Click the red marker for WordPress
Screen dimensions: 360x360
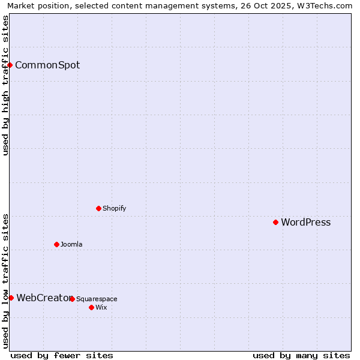[x=276, y=222]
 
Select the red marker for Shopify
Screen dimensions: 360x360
[x=99, y=208]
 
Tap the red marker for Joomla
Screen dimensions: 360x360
[x=57, y=244]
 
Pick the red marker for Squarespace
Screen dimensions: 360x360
[x=72, y=299]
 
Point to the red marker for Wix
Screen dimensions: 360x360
[x=91, y=307]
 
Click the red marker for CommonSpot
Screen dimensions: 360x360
[x=10, y=65]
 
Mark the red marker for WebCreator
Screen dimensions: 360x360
[x=11, y=298]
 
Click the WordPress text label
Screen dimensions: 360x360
[x=306, y=223]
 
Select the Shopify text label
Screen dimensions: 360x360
[x=115, y=209]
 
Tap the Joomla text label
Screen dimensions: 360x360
[x=71, y=245]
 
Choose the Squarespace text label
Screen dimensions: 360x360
[x=97, y=299]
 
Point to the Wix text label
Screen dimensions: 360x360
[x=101, y=308]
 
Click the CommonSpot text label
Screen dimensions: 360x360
[x=47, y=65]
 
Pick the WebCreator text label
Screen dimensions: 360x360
[x=43, y=298]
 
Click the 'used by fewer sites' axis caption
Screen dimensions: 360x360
[x=62, y=355]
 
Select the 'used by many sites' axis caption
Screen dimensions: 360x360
[x=301, y=355]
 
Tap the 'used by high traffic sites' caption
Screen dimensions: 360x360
[x=6, y=86]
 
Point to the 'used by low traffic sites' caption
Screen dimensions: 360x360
[x=6, y=281]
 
